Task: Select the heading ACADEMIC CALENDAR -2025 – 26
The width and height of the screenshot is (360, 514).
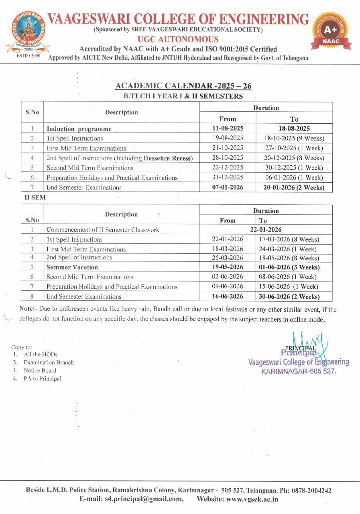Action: (x=183, y=86)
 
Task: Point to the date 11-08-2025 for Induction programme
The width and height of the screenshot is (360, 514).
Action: (x=228, y=128)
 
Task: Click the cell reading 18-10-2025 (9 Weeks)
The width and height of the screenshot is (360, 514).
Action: (x=294, y=138)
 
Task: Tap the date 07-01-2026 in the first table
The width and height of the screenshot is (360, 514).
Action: (x=228, y=187)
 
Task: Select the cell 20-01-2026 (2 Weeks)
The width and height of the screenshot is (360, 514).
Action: (x=294, y=187)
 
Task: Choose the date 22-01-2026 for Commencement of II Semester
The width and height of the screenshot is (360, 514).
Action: (x=266, y=230)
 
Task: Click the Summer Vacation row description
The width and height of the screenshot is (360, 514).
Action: (x=72, y=267)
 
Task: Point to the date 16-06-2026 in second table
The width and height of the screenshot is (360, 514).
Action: (x=228, y=297)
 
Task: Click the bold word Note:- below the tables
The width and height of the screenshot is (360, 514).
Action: (x=28, y=310)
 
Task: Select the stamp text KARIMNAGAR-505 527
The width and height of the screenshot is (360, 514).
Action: (x=299, y=371)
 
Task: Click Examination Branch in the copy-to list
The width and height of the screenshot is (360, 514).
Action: (x=49, y=362)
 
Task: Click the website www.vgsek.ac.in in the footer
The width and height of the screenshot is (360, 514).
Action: (x=252, y=499)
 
